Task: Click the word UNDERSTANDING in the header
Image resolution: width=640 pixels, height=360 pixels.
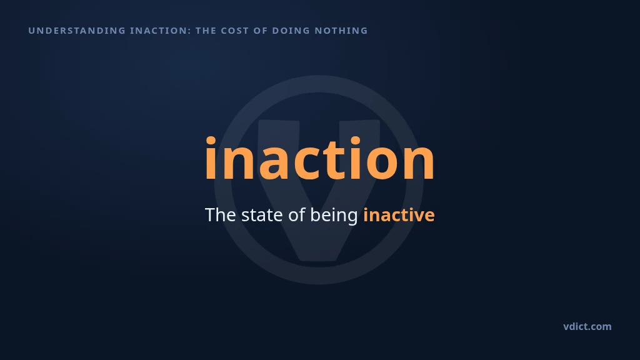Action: tap(77, 31)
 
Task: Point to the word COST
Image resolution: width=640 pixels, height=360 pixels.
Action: tap(235, 31)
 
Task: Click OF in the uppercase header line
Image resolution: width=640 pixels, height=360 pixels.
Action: tap(261, 31)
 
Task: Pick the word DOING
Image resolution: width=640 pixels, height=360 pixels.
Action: tap(291, 31)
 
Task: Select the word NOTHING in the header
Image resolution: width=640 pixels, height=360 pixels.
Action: tap(341, 31)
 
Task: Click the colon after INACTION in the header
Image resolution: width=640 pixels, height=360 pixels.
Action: tap(190, 31)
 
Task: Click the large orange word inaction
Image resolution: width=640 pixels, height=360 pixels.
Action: tap(319, 158)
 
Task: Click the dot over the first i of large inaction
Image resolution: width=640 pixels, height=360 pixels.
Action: tap(211, 141)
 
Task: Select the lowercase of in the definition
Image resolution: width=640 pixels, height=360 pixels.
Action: tap(297, 215)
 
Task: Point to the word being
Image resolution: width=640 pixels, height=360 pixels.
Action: tap(334, 216)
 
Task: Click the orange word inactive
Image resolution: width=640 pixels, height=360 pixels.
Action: tap(399, 215)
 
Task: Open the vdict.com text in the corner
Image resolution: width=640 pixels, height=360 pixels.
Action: tap(587, 326)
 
